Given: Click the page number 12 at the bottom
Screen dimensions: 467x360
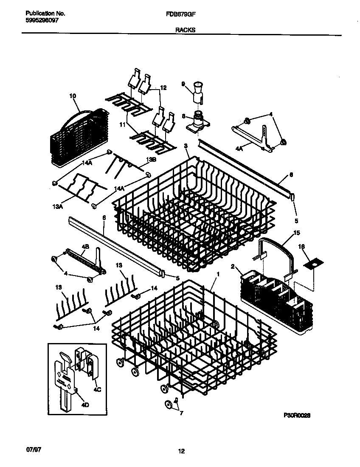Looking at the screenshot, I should (x=181, y=451).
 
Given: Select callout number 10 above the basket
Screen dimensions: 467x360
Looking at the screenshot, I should (x=72, y=96).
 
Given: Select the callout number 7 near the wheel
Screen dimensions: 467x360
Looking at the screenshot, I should (x=182, y=413).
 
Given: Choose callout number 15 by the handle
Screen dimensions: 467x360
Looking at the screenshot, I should (x=297, y=233).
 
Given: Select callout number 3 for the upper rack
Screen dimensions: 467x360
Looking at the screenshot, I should (x=186, y=146).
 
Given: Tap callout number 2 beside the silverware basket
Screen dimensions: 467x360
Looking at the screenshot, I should (x=233, y=266).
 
